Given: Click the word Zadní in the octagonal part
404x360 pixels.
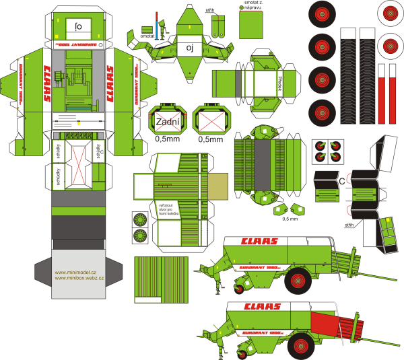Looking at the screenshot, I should pyautogui.click(x=168, y=123).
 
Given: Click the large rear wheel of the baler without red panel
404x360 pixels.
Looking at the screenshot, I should pyautogui.click(x=297, y=281).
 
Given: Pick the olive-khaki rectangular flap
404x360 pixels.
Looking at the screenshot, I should pyautogui.click(x=218, y=186).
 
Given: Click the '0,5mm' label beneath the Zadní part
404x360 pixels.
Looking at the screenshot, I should pyautogui.click(x=168, y=140).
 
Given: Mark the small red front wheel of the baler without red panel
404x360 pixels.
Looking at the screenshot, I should pyautogui.click(x=240, y=289).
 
